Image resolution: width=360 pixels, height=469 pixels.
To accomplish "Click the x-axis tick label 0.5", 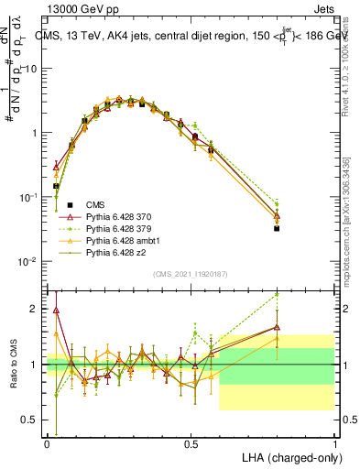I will click(x=191, y=443).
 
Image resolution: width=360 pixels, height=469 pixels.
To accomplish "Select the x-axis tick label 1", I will click(x=334, y=443).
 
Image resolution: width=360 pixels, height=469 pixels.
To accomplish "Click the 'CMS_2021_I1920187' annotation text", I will click(x=191, y=272).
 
